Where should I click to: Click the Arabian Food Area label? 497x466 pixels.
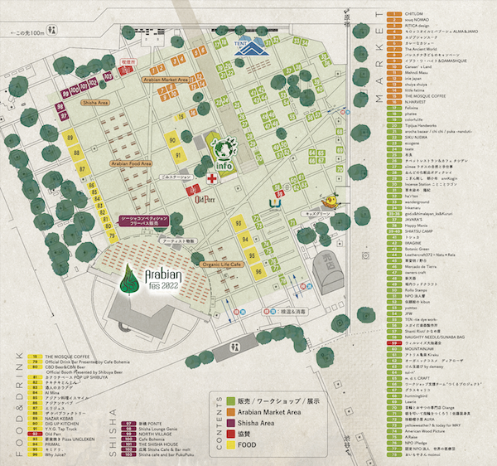pyautogui.click(x=128, y=164)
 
